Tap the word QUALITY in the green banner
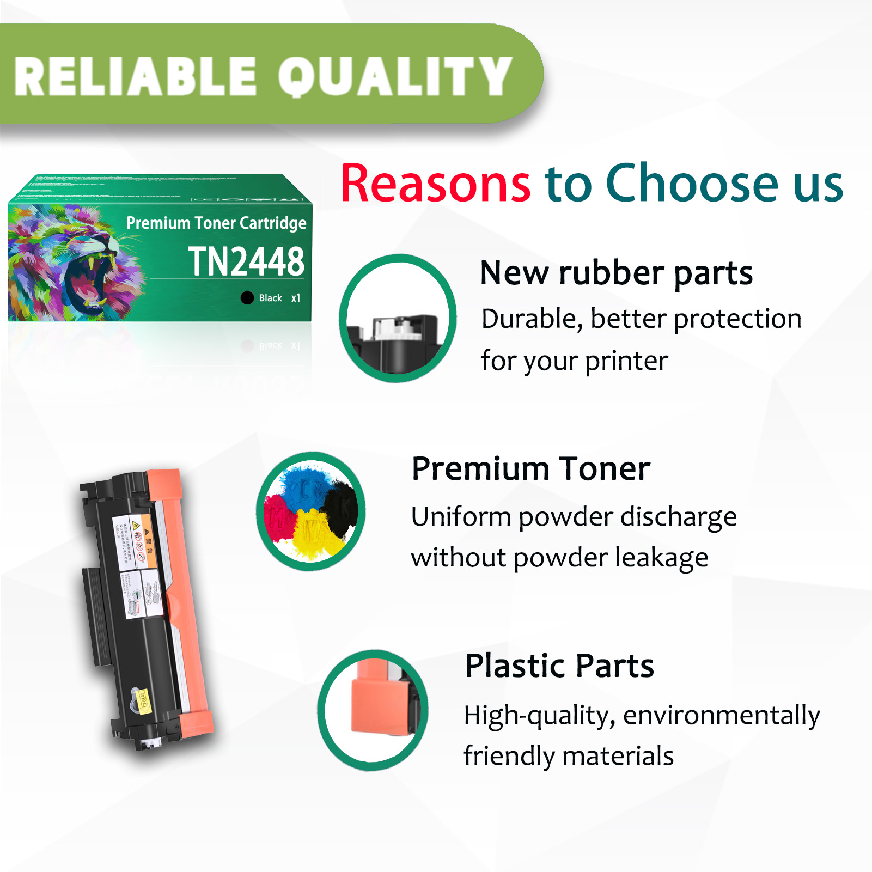click(395, 77)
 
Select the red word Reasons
click(435, 184)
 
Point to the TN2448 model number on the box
click(246, 261)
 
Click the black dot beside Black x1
click(247, 297)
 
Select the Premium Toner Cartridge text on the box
click(216, 223)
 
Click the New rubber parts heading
click(616, 273)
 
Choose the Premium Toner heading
click(530, 469)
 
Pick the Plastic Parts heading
click(559, 666)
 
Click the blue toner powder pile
click(303, 485)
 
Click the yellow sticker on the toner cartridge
click(143, 702)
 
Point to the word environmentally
click(721, 715)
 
